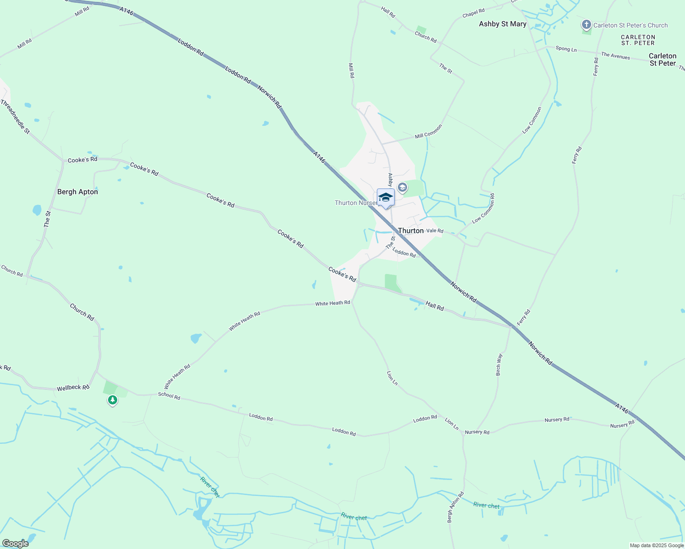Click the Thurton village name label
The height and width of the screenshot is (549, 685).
pos(411,231)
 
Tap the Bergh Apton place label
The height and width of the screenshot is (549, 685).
pos(77,192)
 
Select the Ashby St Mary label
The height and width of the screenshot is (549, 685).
pos(502,24)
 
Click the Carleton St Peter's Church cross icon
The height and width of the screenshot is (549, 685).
pos(586,25)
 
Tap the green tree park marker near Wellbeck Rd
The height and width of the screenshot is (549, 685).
pos(112,400)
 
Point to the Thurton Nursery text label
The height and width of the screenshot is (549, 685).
pos(355,203)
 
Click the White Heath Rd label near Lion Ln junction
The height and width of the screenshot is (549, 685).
pos(332,303)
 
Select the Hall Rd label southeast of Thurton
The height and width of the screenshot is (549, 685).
pos(435,306)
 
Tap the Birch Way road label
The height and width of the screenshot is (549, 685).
pos(499,365)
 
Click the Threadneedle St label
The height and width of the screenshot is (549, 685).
pos(15,117)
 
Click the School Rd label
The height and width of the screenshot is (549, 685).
pos(169,396)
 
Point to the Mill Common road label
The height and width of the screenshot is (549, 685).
pos(429,131)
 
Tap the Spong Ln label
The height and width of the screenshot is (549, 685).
pos(566,48)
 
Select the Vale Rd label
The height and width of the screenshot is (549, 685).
pos(435,231)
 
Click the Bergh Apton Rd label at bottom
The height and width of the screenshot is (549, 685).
pos(456,507)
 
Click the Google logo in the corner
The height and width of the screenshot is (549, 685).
pos(15,544)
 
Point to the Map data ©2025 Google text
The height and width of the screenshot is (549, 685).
pos(657,545)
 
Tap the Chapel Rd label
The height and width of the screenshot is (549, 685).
pos(473,14)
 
